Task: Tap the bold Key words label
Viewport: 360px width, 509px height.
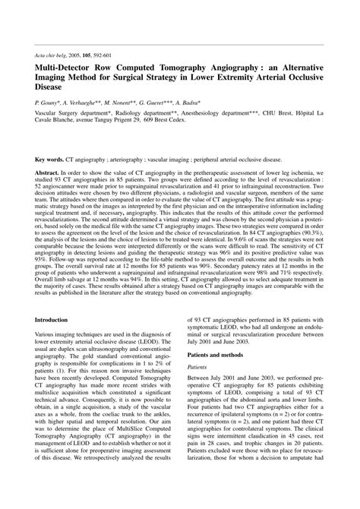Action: [49, 160]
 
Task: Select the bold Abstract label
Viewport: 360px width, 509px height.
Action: [47, 173]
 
